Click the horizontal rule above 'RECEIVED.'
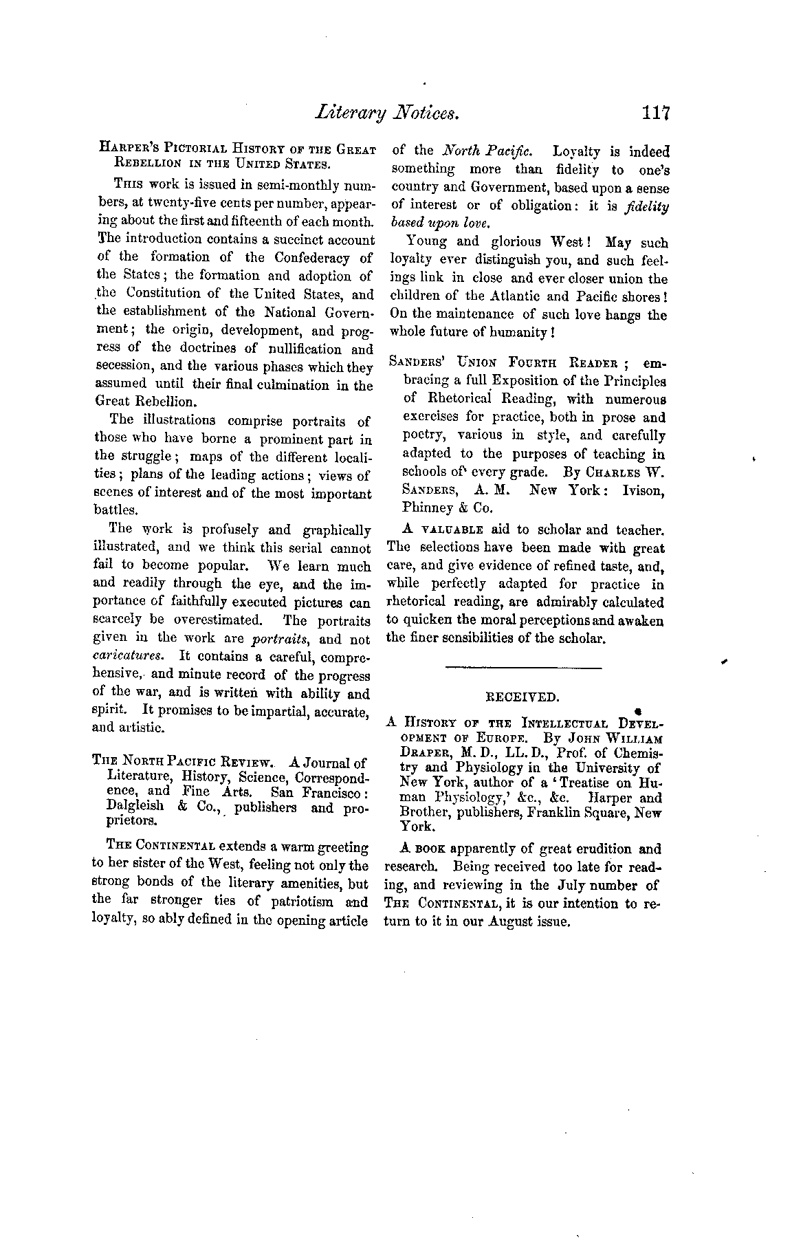tap(523, 667)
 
